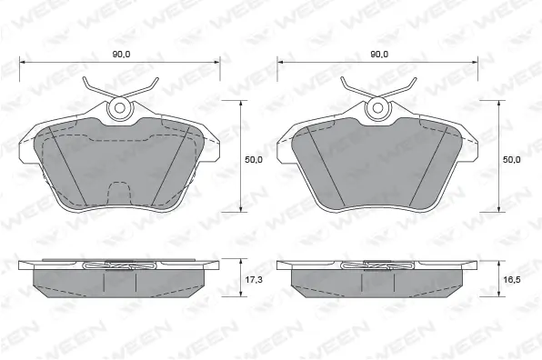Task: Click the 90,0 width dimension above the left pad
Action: coord(120,54)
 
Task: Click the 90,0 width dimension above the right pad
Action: coord(379,54)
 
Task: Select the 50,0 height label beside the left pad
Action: coord(255,159)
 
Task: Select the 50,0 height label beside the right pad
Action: coord(512,159)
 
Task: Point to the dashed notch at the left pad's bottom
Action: coord(119,191)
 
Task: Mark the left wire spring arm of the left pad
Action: coord(94,90)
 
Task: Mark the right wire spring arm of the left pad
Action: coord(146,90)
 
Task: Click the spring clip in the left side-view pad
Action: coord(119,266)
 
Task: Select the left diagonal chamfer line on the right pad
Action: coord(323,164)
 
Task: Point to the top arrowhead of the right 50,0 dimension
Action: coord(498,103)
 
